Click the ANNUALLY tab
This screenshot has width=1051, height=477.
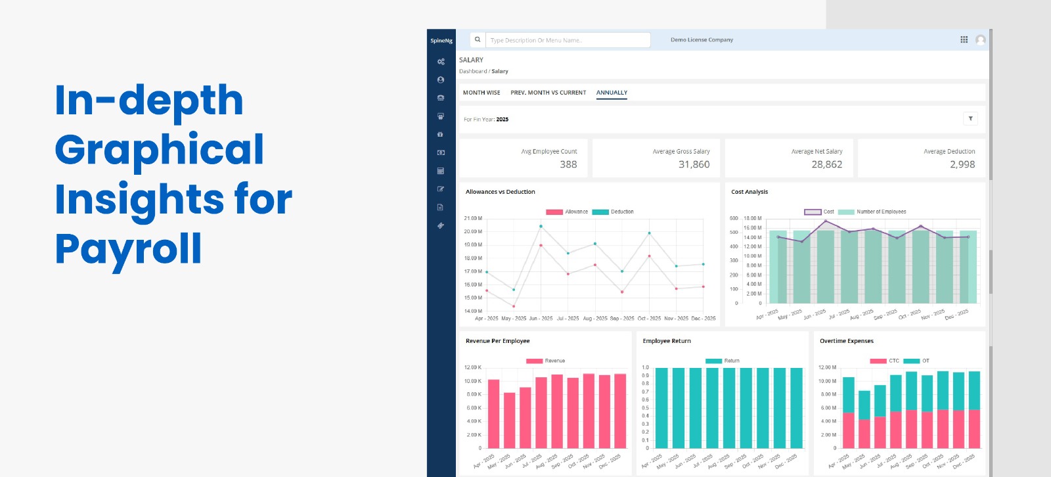[x=612, y=93]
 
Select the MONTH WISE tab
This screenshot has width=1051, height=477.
[x=481, y=93]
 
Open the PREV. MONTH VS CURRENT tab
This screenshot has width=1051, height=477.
[x=548, y=93]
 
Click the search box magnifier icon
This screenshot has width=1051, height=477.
[x=478, y=39]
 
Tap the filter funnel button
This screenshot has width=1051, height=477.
[x=970, y=118]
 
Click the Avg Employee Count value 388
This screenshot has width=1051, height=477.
[x=568, y=164]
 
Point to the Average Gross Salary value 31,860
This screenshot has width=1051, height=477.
[x=694, y=164]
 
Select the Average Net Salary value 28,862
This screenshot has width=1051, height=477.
[x=826, y=164]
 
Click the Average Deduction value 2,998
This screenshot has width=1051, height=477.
[x=962, y=164]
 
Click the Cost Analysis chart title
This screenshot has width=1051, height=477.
[x=749, y=192]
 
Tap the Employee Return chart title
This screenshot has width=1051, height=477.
[x=667, y=341]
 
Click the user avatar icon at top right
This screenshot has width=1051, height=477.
[x=981, y=39]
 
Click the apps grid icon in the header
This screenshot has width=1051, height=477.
[x=964, y=39]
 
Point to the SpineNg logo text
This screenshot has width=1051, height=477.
[x=441, y=41]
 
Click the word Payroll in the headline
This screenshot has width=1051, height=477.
[x=128, y=248]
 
